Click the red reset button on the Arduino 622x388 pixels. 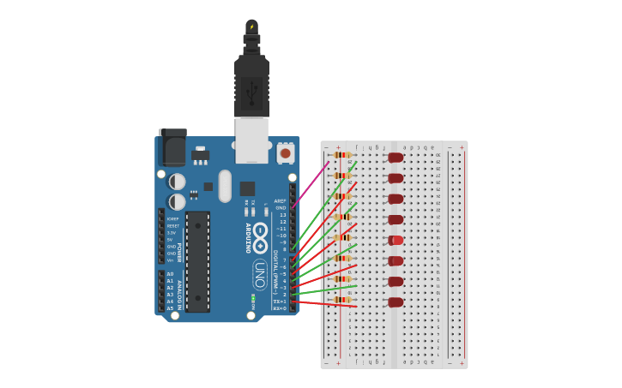pyautogui.click(x=285, y=153)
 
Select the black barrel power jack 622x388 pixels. pyautogui.click(x=172, y=147)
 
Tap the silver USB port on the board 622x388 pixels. pyautogui.click(x=251, y=140)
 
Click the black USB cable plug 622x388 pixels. pyautogui.click(x=251, y=87)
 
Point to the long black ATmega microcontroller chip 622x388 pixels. pyautogui.click(x=197, y=261)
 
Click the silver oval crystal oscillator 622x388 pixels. pyautogui.click(x=225, y=185)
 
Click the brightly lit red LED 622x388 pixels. pyautogui.click(x=396, y=240)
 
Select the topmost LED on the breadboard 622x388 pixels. pyautogui.click(x=396, y=157)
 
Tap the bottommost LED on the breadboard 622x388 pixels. pyautogui.click(x=396, y=301)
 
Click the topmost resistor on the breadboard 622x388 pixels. pyautogui.click(x=341, y=155)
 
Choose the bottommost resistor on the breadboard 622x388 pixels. pyautogui.click(x=341, y=300)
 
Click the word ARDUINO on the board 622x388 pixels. pyautogui.click(x=249, y=237)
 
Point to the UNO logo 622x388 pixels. pyautogui.click(x=259, y=273)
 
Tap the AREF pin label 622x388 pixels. pyautogui.click(x=281, y=200)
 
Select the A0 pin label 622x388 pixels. pyautogui.click(x=170, y=274)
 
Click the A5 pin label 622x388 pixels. pyautogui.click(x=170, y=308)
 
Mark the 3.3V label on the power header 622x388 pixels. pyautogui.click(x=172, y=233)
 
